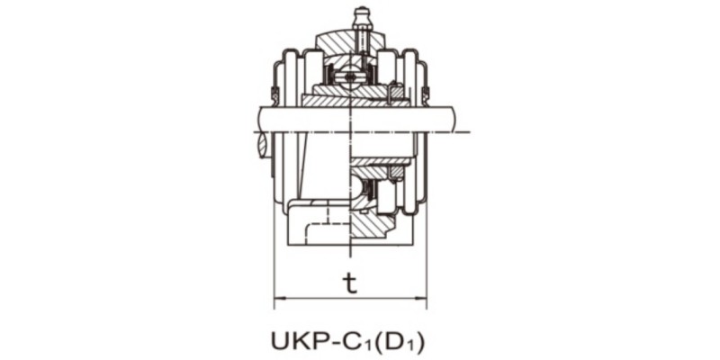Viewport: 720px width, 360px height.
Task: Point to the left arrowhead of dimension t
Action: click(x=278, y=297)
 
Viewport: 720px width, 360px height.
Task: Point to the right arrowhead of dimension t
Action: click(x=422, y=297)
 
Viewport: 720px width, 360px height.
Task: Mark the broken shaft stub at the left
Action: click(x=262, y=144)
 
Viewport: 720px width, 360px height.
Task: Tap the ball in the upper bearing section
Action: click(x=351, y=76)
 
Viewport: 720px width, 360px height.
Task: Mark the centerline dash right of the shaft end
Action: click(x=464, y=133)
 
